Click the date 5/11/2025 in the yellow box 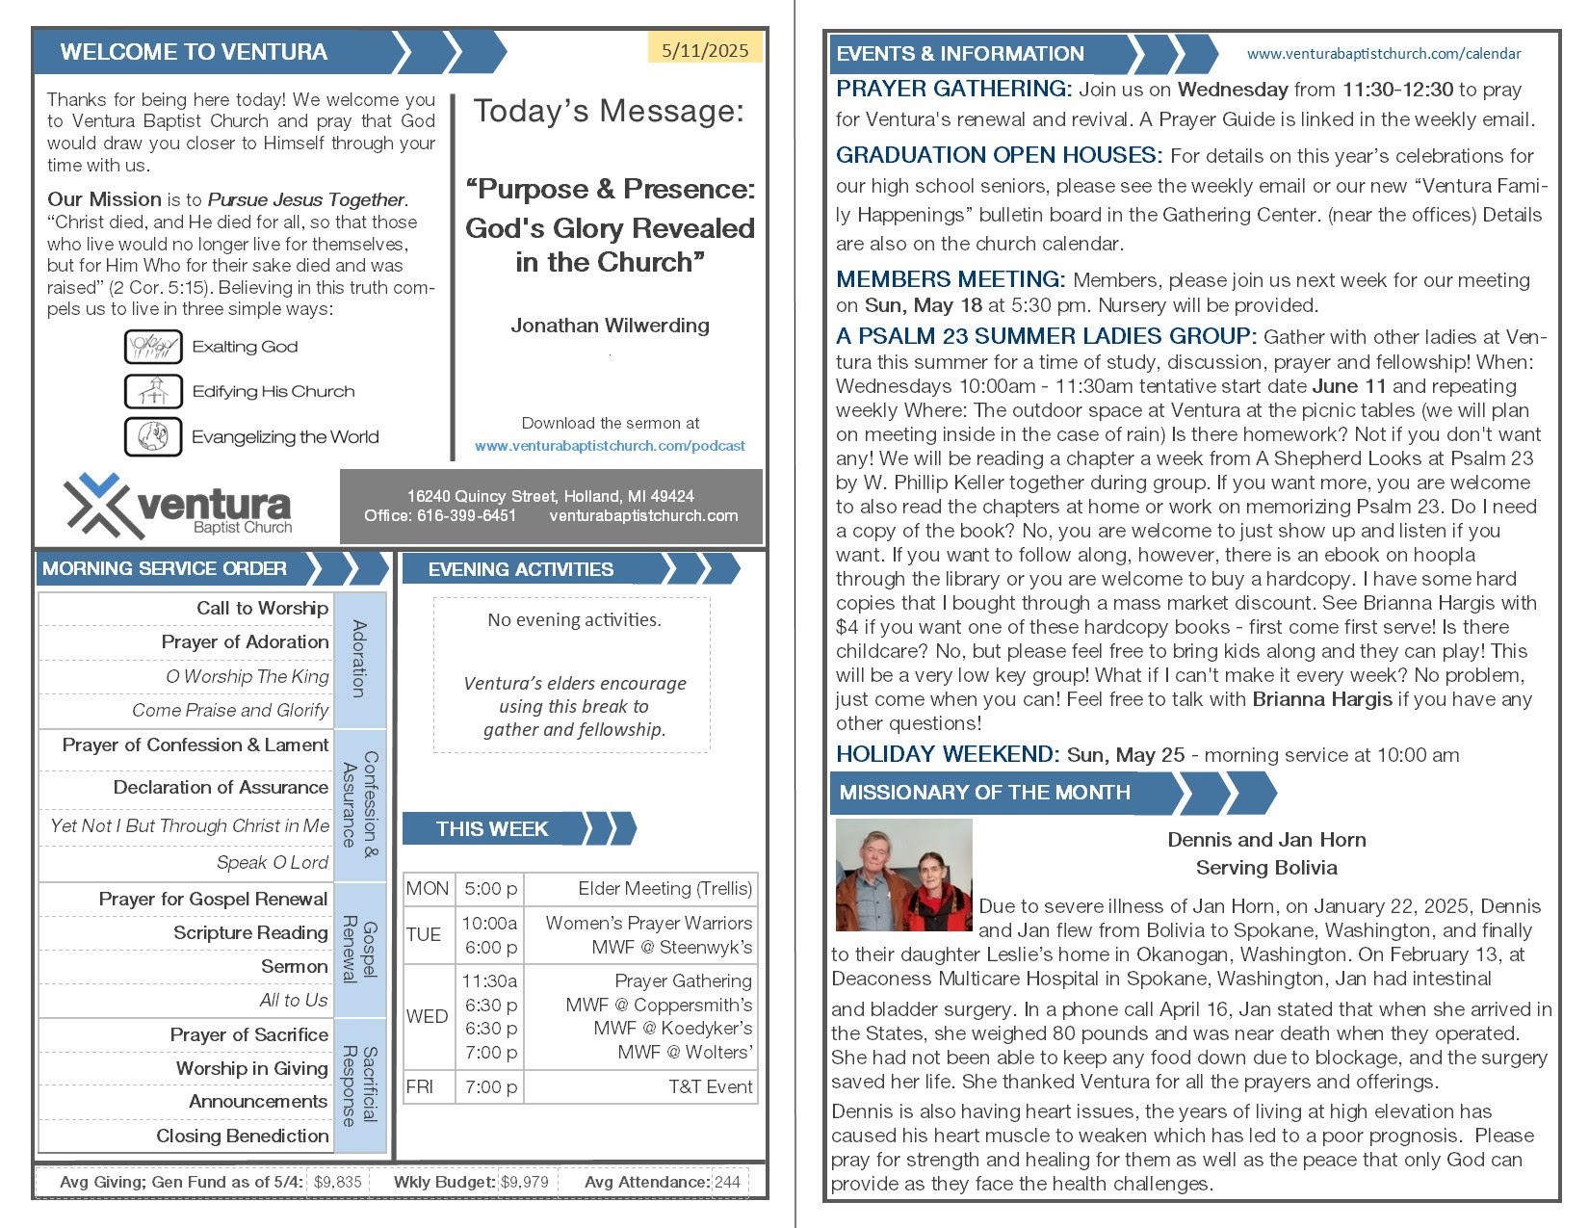705,50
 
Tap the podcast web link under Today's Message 610,446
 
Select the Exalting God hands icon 153,346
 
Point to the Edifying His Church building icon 153,391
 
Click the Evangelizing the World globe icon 153,436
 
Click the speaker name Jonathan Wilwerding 610,326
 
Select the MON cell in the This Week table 428,888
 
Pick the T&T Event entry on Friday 710,1086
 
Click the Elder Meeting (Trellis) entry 664,888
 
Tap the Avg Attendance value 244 728,1182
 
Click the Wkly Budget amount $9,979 525,1182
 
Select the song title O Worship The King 247,676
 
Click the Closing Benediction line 242,1136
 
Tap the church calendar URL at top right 1384,54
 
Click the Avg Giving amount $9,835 338,1182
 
